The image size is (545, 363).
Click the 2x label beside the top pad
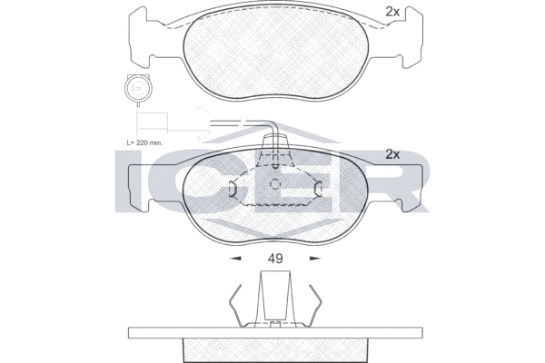tap(392, 12)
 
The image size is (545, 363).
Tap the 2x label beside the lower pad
tap(392, 153)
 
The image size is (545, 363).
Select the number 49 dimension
tap(276, 259)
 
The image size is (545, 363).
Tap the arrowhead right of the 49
tap(315, 259)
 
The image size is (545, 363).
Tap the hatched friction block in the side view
tap(275, 348)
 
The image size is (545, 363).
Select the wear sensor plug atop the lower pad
tap(275, 154)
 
